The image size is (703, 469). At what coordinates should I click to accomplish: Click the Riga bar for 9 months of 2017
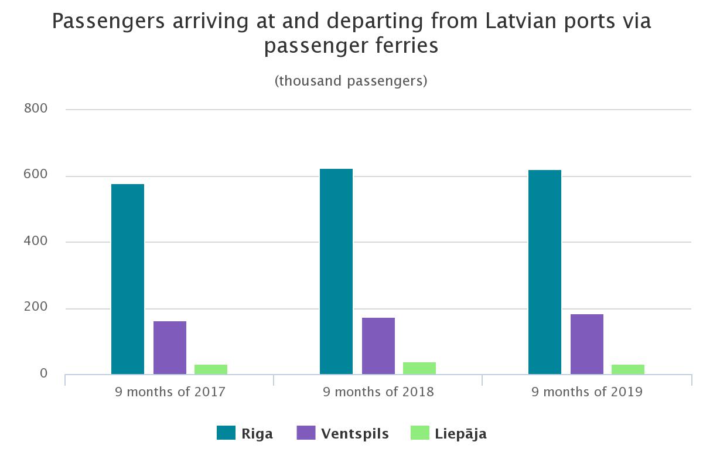[x=128, y=279]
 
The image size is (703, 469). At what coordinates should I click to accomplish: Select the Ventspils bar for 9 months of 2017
[x=170, y=348]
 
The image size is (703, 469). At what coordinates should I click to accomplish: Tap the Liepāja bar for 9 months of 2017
[x=211, y=369]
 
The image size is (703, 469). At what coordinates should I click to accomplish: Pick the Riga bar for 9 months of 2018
[x=336, y=271]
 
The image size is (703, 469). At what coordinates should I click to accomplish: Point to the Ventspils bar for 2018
[x=378, y=346]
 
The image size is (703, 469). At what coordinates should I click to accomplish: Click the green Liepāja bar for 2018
[x=419, y=368]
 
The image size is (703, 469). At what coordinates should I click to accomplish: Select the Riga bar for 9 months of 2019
[x=545, y=272]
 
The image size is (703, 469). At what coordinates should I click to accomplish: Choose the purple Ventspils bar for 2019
[x=587, y=344]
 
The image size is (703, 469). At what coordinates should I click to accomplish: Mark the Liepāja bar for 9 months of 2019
[x=628, y=369]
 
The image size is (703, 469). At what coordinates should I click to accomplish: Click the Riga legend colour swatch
[x=226, y=433]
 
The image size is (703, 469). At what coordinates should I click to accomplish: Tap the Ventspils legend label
[x=355, y=434]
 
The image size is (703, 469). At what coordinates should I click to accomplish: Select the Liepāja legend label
[x=460, y=434]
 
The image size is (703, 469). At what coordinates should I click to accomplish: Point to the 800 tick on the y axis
[x=36, y=108]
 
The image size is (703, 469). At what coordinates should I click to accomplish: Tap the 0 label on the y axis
[x=44, y=373]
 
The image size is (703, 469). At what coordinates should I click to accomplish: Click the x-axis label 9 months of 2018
[x=378, y=392]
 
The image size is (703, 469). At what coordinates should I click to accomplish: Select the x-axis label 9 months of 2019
[x=587, y=392]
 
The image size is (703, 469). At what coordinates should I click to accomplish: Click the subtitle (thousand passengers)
[x=351, y=81]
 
